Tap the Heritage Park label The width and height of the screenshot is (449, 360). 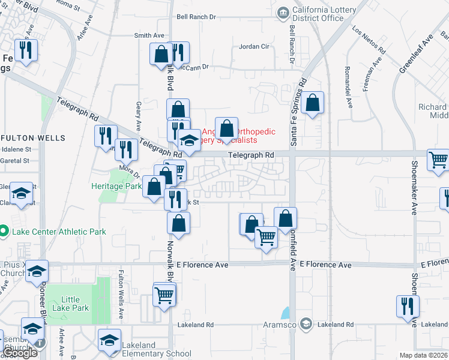point(115,186)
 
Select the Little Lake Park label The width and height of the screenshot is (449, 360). point(71,304)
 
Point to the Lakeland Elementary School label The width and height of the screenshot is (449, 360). point(156,350)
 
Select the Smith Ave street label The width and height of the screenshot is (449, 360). point(149,35)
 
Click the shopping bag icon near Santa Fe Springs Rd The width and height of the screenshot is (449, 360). point(313,103)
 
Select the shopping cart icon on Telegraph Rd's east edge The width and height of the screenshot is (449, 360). point(438,160)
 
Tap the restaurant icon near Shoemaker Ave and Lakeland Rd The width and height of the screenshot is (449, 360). point(407,306)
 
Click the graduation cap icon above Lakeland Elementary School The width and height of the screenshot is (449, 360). point(110,340)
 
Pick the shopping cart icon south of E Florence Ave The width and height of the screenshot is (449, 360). point(164,295)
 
